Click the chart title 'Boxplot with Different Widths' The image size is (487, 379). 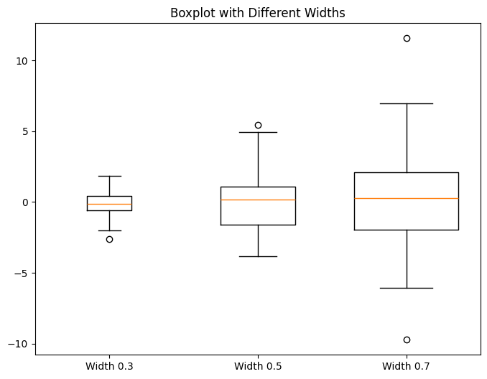pyautogui.click(x=258, y=13)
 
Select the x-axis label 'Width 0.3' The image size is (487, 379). pyautogui.click(x=109, y=367)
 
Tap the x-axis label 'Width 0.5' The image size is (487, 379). pyautogui.click(x=258, y=367)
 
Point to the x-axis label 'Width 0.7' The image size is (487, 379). pyautogui.click(x=407, y=367)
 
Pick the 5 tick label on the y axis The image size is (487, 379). pyautogui.click(x=26, y=131)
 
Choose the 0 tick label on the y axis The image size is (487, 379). pyautogui.click(x=26, y=202)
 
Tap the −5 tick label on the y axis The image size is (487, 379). pyautogui.click(x=22, y=273)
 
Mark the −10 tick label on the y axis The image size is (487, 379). pyautogui.click(x=19, y=344)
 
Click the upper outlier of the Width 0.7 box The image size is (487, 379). pyautogui.click(x=407, y=38)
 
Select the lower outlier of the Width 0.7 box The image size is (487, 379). pyautogui.click(x=407, y=340)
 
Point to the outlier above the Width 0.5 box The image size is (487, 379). pyautogui.click(x=258, y=125)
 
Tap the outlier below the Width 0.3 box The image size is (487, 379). pyautogui.click(x=109, y=239)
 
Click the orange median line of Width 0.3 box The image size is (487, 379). pyautogui.click(x=109, y=205)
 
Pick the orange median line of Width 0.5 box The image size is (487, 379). pyautogui.click(x=258, y=200)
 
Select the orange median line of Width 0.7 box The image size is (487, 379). pyautogui.click(x=407, y=198)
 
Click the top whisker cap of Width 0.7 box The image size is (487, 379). pyautogui.click(x=407, y=103)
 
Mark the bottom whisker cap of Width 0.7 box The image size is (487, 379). pyautogui.click(x=407, y=288)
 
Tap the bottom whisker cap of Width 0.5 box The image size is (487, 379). pyautogui.click(x=258, y=256)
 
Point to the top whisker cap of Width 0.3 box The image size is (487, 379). pyautogui.click(x=109, y=176)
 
